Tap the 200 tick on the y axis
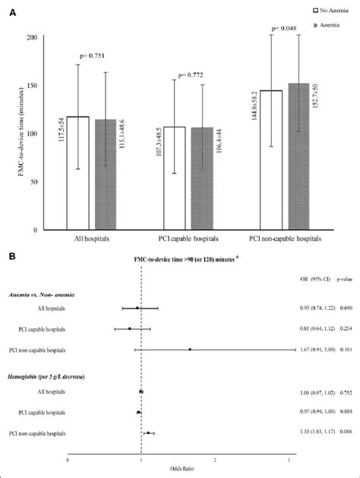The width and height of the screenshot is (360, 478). [x=32, y=37]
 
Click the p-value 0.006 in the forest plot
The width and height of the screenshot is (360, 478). [x=344, y=432]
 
